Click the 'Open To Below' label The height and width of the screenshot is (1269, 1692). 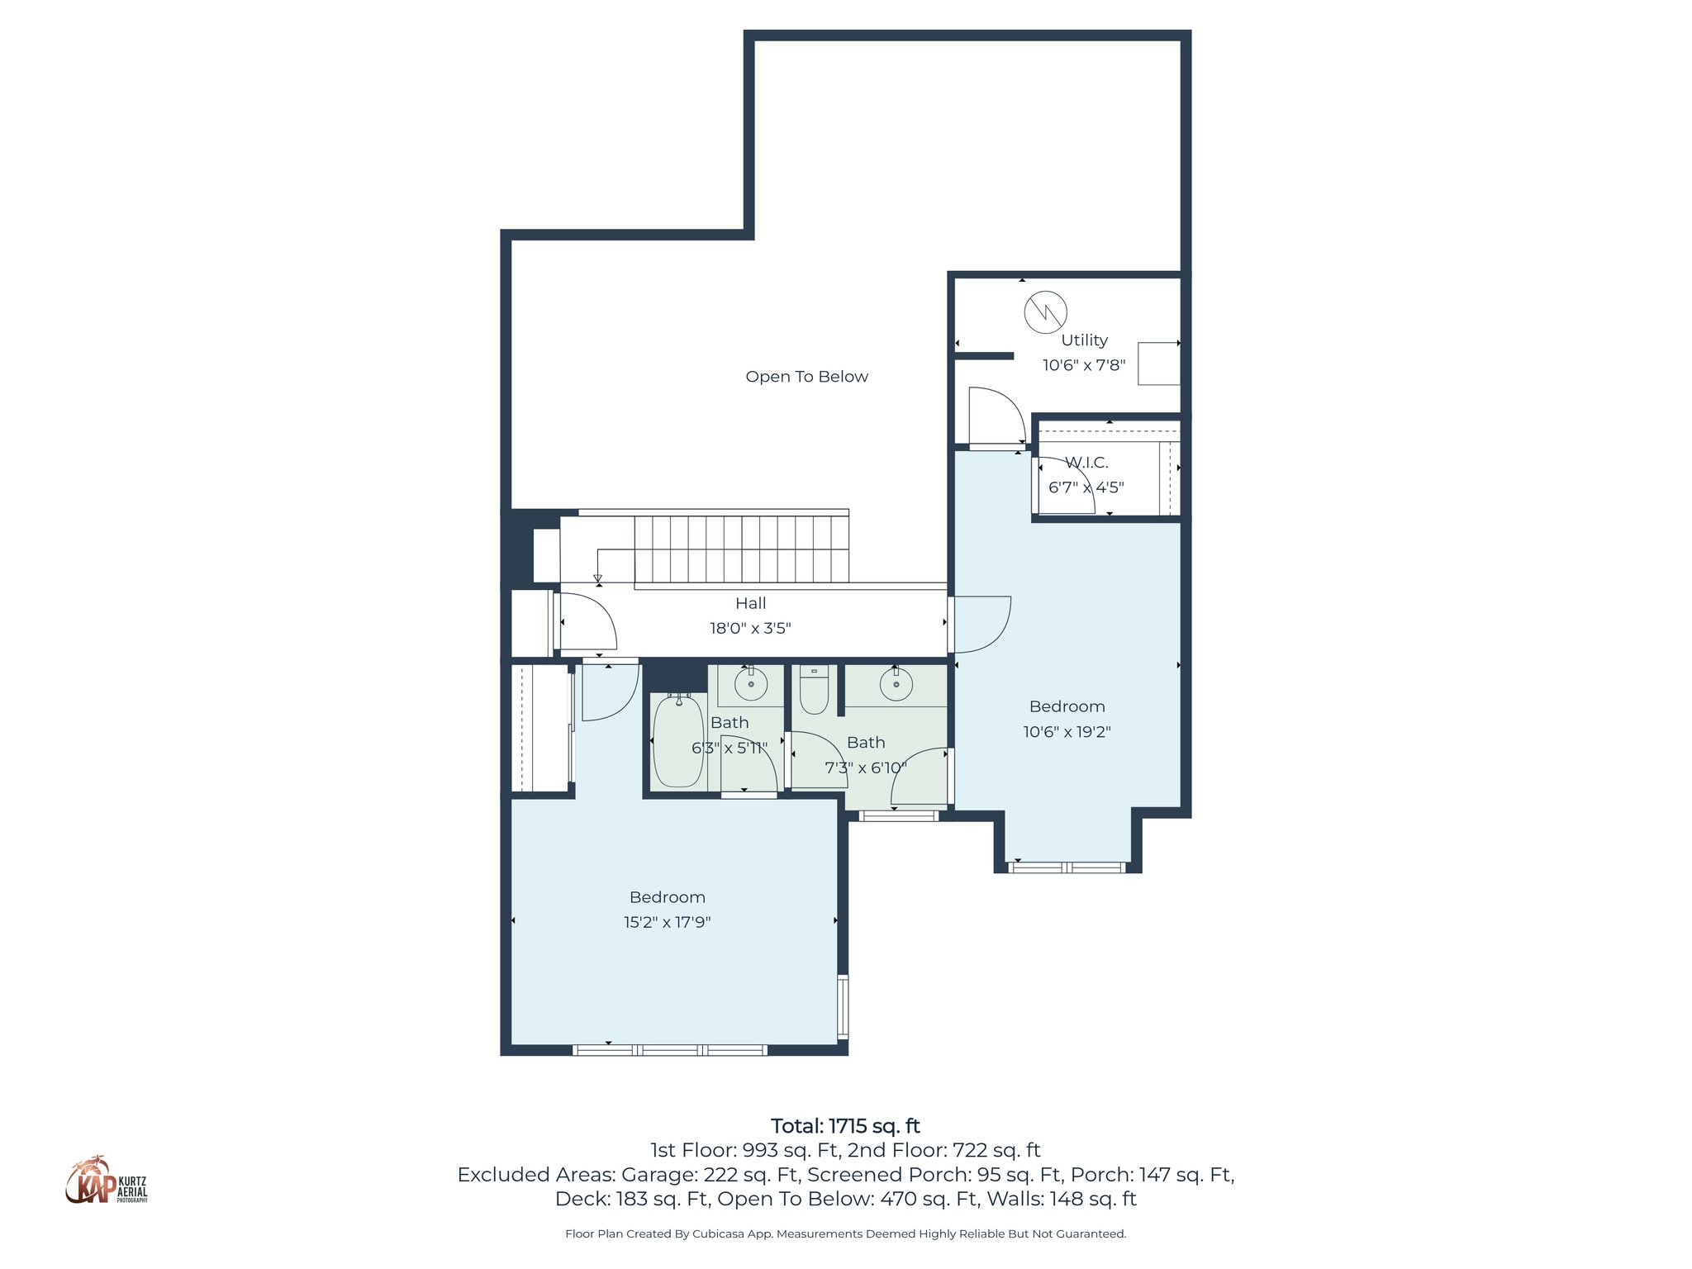click(x=806, y=377)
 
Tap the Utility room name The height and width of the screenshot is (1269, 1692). click(x=1084, y=340)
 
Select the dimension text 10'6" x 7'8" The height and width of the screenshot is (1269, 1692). click(x=1084, y=365)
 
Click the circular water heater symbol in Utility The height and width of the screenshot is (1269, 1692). click(x=1045, y=312)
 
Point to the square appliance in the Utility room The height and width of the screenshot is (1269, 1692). click(x=1158, y=364)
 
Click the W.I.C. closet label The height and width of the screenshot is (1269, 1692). click(x=1086, y=463)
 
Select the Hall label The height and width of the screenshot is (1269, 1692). click(x=750, y=604)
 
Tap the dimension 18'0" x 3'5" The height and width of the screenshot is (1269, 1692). click(x=750, y=629)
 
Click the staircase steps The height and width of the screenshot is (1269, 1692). click(x=741, y=549)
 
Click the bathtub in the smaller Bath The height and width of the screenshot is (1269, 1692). click(x=678, y=740)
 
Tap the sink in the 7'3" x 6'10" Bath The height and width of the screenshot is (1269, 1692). click(x=896, y=684)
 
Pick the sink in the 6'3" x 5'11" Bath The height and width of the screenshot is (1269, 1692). click(x=751, y=684)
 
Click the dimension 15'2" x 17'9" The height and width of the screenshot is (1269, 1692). click(x=667, y=922)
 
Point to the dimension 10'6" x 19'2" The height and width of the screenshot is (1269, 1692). click(x=1067, y=732)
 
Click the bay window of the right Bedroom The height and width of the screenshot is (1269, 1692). click(x=1067, y=867)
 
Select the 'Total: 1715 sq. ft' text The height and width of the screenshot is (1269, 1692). click(x=845, y=1126)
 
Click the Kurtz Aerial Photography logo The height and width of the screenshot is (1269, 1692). click(x=106, y=1181)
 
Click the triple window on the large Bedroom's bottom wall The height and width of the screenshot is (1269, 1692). click(x=670, y=1050)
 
